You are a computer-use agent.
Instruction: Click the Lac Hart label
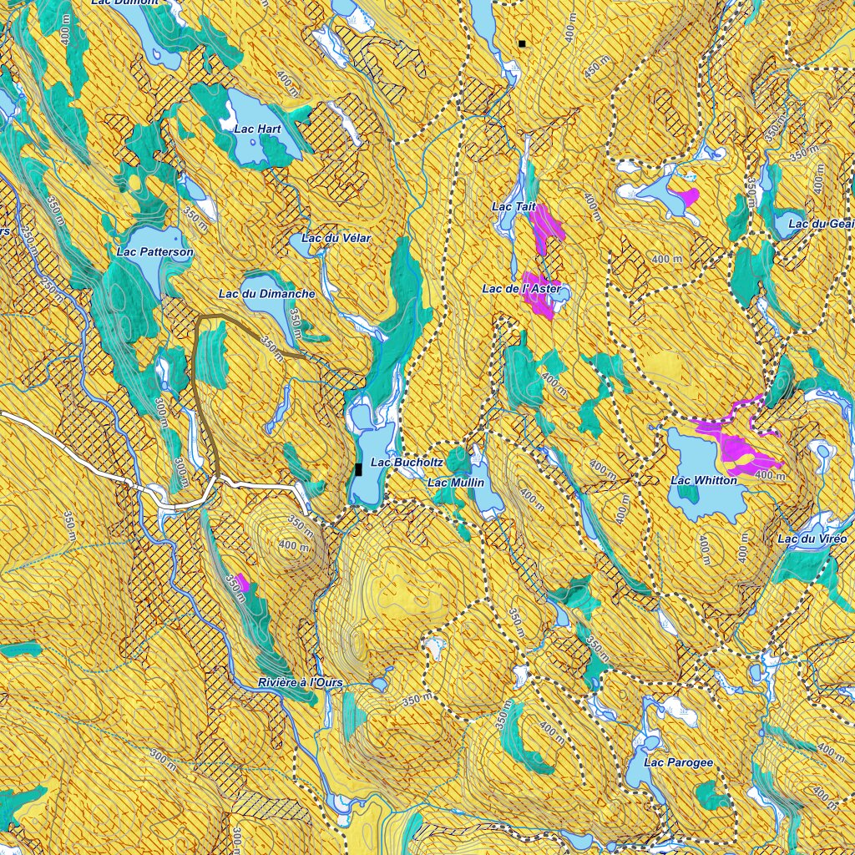(x=257, y=129)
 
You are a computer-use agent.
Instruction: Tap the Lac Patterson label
(x=155, y=251)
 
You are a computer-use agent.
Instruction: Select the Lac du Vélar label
(x=336, y=238)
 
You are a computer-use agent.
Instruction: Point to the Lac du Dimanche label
(x=266, y=294)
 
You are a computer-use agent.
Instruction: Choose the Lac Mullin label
(x=455, y=483)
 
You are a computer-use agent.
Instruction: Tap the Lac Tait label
(x=513, y=206)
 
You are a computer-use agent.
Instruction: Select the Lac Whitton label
(x=704, y=480)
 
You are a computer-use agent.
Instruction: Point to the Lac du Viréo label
(x=812, y=539)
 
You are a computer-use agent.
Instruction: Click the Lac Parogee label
(x=680, y=762)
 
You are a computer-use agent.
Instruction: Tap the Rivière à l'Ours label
(x=301, y=683)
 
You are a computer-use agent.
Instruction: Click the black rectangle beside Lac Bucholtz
(x=358, y=469)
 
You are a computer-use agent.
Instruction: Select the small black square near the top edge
(x=522, y=43)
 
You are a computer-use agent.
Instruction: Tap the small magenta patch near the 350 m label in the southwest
(x=242, y=582)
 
